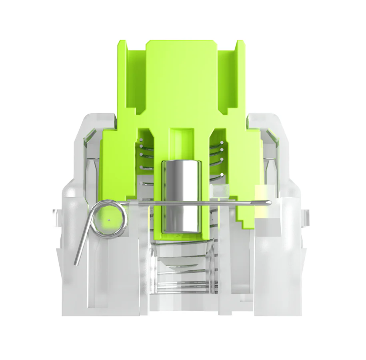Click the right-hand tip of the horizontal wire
pos(269,203)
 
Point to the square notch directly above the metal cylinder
pos(182,138)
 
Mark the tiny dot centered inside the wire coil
pos(109,219)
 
